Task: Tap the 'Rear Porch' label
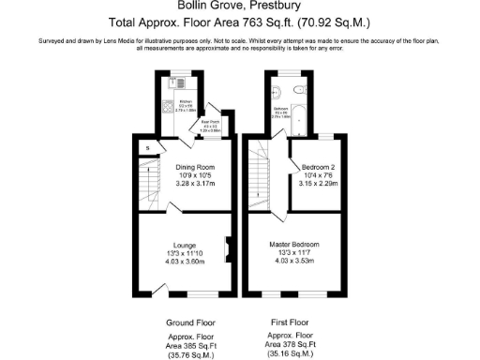(x=211, y=122)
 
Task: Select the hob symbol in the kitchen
(x=171, y=104)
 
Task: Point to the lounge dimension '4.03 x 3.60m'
(x=184, y=262)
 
